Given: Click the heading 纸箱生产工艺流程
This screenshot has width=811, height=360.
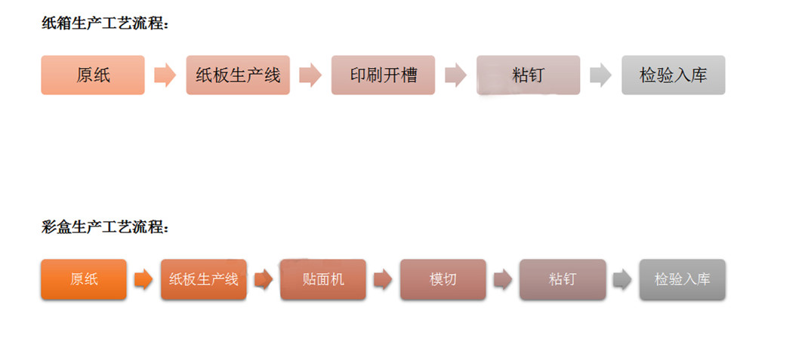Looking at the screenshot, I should click(105, 23).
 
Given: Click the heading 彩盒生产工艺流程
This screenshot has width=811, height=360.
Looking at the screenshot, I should click(105, 226).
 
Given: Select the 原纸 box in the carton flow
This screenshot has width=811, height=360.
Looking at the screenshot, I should click(93, 75).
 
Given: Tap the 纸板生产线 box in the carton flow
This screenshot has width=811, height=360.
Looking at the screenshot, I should click(238, 75).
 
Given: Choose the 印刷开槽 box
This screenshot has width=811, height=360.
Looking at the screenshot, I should click(383, 75).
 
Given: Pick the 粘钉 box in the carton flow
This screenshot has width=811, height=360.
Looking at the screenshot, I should click(528, 75).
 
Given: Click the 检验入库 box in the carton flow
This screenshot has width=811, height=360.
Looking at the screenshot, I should click(673, 75).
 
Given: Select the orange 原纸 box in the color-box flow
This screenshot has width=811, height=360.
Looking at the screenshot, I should click(84, 279).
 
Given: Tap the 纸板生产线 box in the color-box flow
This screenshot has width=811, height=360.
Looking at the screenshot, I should click(203, 279).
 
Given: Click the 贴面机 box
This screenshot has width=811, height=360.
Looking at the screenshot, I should click(323, 279).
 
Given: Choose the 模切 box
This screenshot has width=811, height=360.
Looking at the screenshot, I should click(443, 279).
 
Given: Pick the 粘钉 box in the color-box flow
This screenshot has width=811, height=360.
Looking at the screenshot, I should click(563, 279).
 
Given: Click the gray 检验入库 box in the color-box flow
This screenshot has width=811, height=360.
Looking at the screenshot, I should click(682, 279).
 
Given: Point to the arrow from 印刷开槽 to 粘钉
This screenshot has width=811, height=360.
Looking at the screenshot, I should click(455, 75).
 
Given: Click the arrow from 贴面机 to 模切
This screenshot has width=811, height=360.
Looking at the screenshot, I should click(383, 280).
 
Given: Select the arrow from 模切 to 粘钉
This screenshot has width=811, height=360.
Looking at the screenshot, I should click(502, 280).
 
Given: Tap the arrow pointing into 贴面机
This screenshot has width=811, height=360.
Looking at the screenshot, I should click(263, 280).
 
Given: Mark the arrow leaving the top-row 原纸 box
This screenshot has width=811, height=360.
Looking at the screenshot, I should click(165, 75).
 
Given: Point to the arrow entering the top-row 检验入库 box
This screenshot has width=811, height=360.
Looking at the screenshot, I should click(600, 75).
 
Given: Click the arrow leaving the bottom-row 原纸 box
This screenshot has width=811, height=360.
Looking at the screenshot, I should click(143, 280).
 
